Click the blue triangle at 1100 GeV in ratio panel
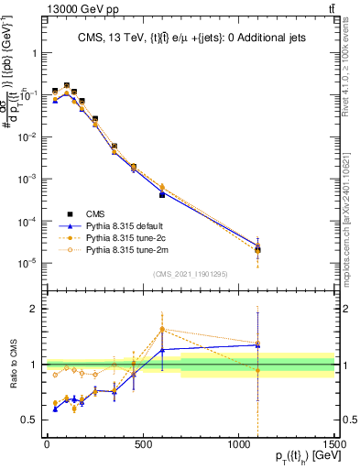pyautogui.click(x=257, y=344)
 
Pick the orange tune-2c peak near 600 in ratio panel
pyautogui.click(x=162, y=329)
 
